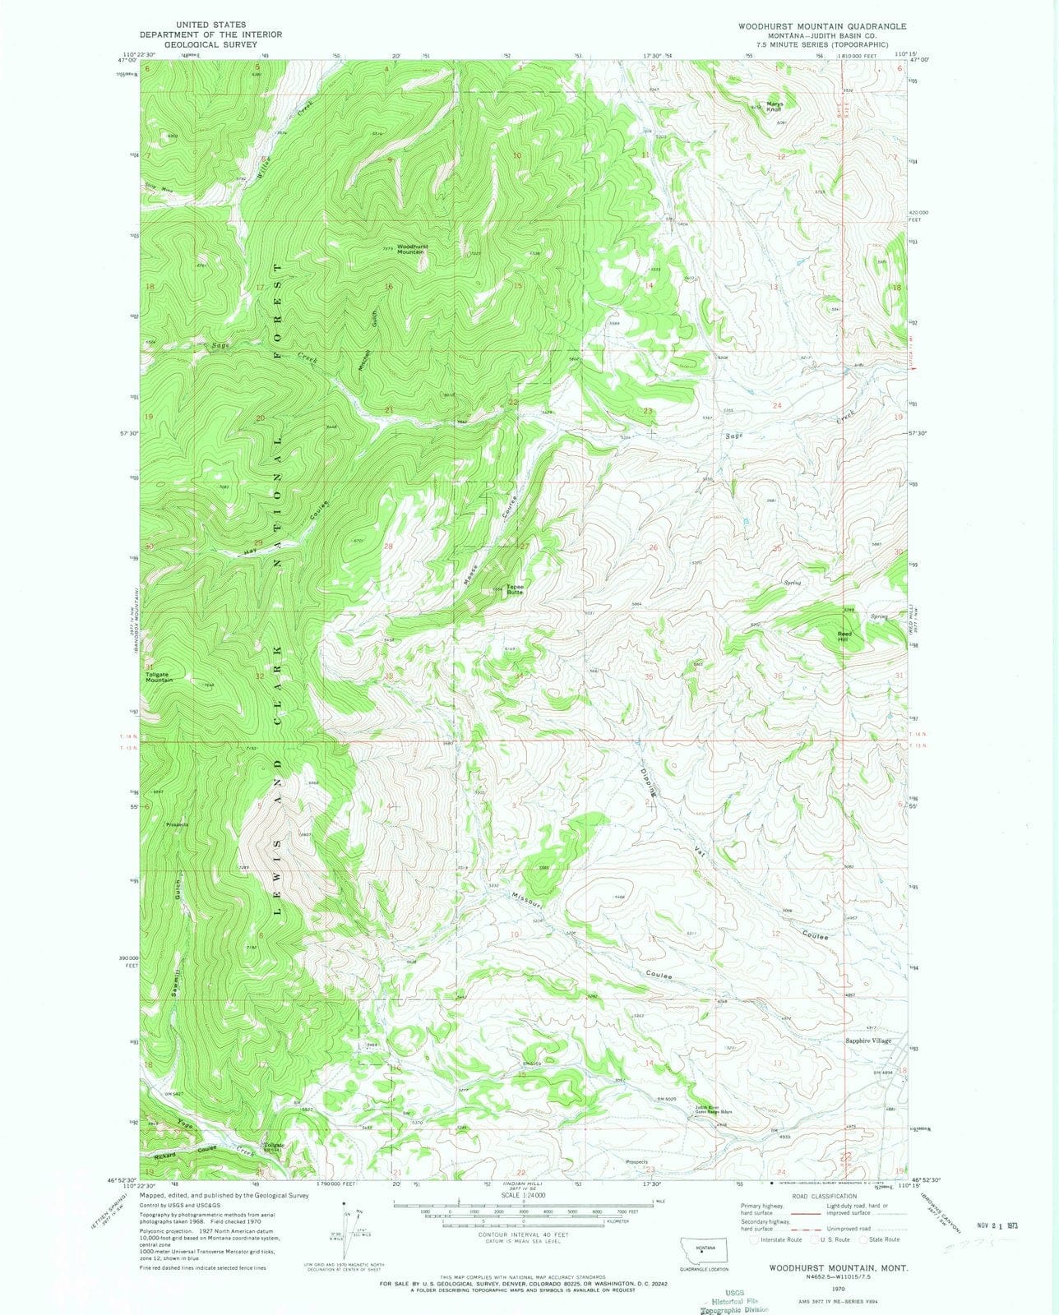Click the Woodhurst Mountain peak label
[x=411, y=249]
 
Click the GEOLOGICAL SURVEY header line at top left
[x=211, y=44]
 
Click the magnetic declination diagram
[x=349, y=1219]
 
